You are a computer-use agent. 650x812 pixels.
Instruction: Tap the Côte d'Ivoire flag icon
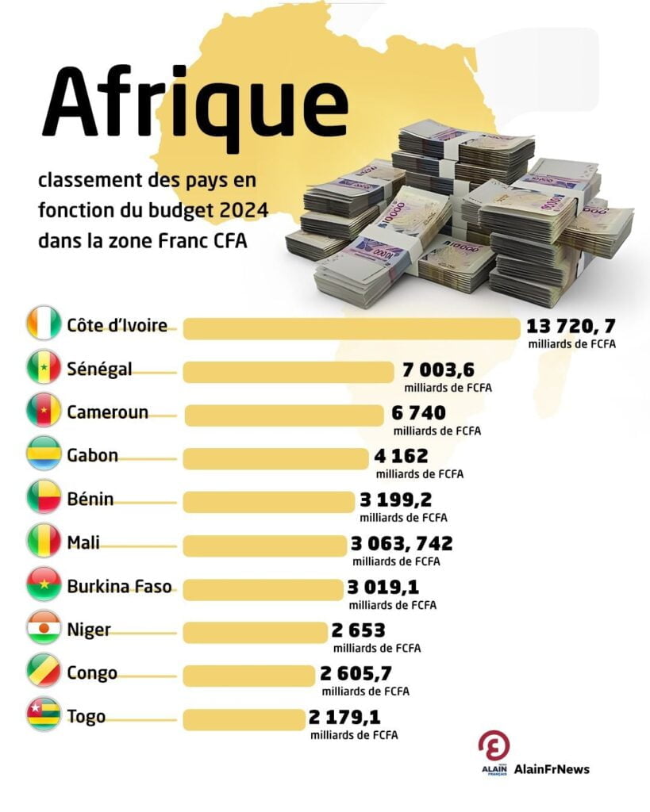43,324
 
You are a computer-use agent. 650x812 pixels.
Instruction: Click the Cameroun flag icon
43,412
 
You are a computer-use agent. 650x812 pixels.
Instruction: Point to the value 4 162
401,456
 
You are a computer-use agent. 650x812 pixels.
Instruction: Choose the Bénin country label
90,499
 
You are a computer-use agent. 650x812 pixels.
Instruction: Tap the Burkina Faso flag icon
43,586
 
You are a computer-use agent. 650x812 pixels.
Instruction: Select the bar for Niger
255,632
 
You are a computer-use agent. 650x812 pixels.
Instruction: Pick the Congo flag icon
43,673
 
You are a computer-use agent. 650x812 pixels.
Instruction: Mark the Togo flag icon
43,717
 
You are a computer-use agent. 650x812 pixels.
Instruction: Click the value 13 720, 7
571,326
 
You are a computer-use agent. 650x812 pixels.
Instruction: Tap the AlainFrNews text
552,768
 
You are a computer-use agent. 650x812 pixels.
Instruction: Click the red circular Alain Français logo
494,746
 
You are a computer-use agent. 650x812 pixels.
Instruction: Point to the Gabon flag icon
43,455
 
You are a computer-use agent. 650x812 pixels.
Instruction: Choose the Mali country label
83,543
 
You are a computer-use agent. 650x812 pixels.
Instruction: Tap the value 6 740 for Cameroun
418,412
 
